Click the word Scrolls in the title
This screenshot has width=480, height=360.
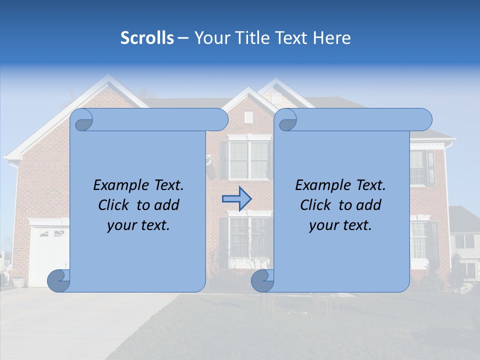coord(147,37)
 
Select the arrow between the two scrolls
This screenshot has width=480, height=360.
coord(236,198)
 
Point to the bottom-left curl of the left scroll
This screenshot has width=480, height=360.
coord(58,281)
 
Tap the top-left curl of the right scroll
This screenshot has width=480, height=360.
coord(287,120)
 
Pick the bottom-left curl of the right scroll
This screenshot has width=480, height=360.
coord(262,281)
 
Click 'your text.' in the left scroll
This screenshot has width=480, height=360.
coord(138,225)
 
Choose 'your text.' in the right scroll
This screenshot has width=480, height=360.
coord(340,225)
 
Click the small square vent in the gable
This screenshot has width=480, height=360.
coord(248,117)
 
